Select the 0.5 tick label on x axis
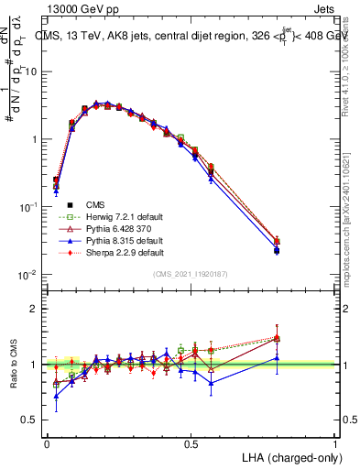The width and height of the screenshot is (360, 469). tap(191, 442)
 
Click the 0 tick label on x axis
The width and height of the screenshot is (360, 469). tap(47, 442)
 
